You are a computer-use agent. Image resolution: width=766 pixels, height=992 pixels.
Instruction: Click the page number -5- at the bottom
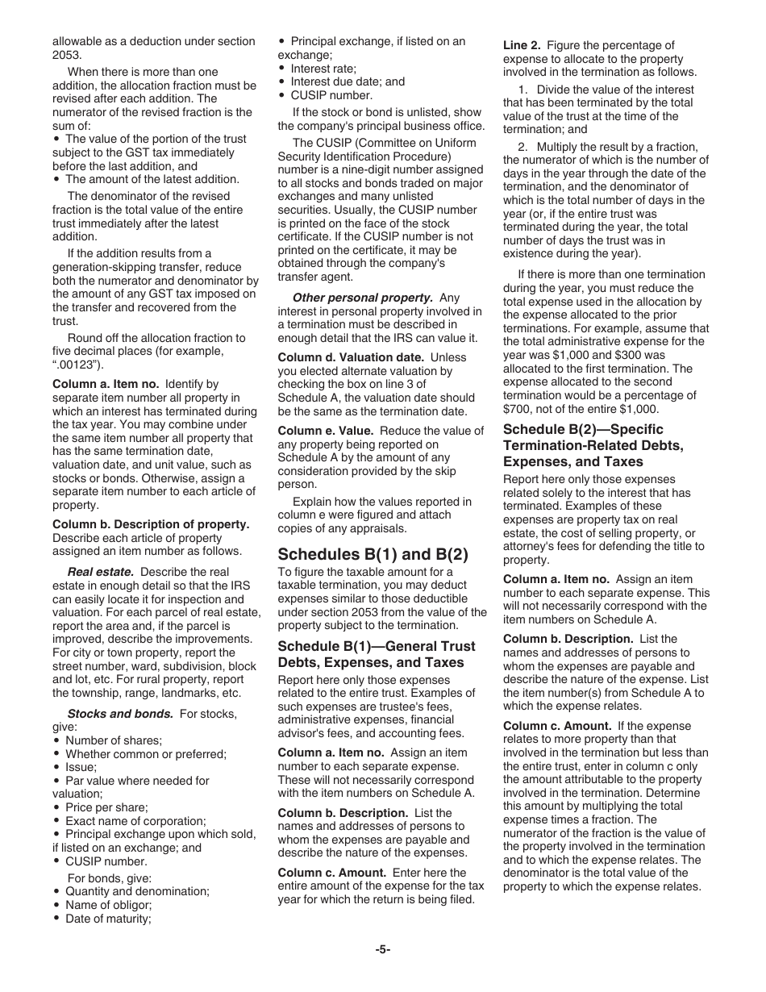[x=382, y=949]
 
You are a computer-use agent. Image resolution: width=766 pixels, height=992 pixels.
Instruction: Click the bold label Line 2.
[x=522, y=45]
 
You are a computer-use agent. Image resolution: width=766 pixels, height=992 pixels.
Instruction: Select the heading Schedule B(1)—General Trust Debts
[x=377, y=654]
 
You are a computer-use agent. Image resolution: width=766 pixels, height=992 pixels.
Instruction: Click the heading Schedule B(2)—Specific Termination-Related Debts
[x=593, y=445]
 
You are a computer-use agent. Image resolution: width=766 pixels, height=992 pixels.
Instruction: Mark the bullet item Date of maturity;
[x=107, y=918]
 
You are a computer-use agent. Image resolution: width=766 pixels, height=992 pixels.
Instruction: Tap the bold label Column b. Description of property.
[x=151, y=524]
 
